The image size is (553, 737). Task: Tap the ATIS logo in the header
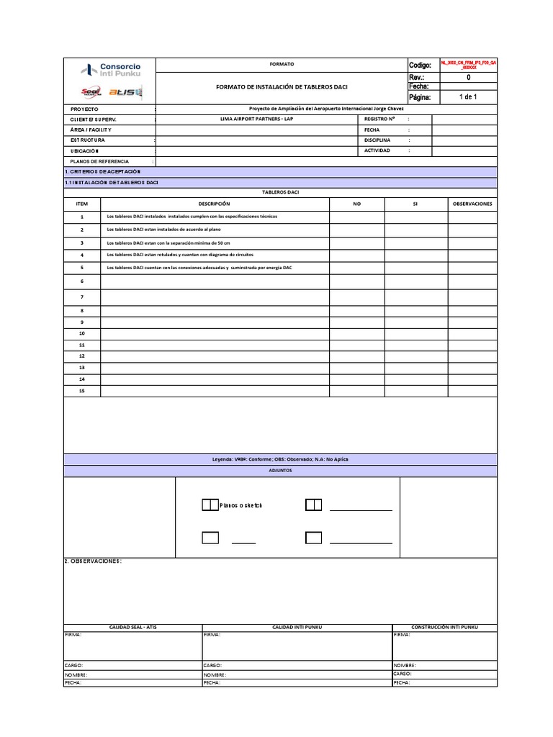point(126,91)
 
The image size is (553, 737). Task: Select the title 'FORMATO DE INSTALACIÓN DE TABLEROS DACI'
point(282,86)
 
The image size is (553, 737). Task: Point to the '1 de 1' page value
point(468,96)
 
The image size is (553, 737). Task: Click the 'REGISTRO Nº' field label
point(379,118)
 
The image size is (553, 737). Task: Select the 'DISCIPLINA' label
point(377,140)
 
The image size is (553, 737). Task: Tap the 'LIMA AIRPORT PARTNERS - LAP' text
point(256,118)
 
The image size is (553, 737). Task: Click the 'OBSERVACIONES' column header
point(472,204)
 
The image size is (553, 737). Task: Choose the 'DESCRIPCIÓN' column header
point(214,204)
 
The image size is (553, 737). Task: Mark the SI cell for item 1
point(415,217)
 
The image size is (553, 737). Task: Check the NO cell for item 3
point(356,243)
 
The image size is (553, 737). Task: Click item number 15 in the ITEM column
point(82,390)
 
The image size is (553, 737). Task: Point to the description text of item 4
point(180,255)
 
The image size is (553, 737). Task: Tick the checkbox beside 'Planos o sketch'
point(210,505)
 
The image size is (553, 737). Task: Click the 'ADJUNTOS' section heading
point(280,470)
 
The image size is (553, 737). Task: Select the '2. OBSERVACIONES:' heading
point(94,561)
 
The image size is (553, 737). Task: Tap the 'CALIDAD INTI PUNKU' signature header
point(297,628)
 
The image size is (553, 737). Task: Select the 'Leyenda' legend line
point(280,459)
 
